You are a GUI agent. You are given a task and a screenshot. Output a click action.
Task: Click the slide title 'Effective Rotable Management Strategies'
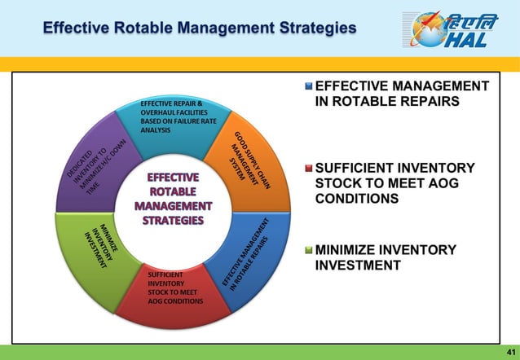point(200,29)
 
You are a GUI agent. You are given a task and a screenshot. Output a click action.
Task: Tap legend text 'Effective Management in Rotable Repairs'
point(401,94)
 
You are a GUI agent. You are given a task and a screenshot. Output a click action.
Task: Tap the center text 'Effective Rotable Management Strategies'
point(172,199)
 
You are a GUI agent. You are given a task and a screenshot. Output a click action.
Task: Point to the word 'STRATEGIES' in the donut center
point(172,220)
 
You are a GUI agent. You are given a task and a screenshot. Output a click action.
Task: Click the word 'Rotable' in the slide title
point(134,29)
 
